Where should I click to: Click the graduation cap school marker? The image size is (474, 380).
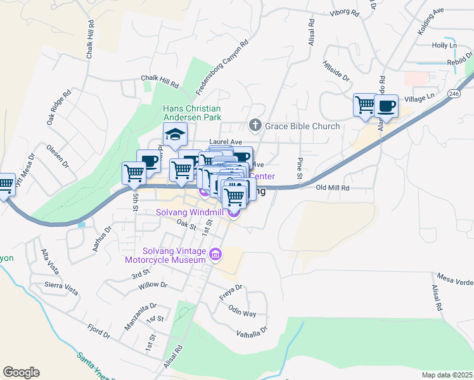[x=174, y=134]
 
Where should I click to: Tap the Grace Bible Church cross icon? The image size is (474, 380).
[x=255, y=125]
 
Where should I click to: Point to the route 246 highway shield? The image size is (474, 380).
[x=452, y=93]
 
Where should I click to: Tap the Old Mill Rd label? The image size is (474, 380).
[x=333, y=188]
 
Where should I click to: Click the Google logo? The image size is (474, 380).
[x=21, y=372]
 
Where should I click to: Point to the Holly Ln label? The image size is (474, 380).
[x=444, y=46]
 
